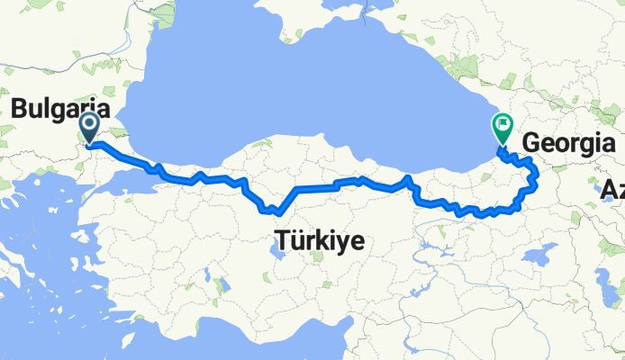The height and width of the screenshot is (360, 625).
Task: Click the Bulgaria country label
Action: point(59,110)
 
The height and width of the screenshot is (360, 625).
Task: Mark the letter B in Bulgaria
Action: point(18,110)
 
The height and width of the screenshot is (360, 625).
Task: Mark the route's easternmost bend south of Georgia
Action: point(536,171)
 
